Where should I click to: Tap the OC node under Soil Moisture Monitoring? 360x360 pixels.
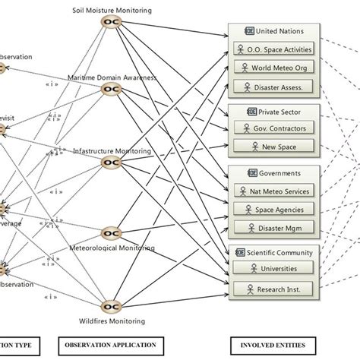111,24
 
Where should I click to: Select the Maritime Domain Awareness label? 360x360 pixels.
111,77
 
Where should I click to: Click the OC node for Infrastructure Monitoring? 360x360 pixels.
111,163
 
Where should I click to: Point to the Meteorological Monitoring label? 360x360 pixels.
112,248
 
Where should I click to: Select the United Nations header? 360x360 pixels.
275,31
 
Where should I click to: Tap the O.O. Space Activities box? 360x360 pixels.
275,49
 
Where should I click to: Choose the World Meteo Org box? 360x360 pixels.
275,68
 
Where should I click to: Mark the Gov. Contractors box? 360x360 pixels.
275,128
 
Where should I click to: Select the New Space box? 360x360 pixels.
275,146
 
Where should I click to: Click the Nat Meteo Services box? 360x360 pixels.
275,191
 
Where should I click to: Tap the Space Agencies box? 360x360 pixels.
275,209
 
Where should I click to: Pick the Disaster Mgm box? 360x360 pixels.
275,227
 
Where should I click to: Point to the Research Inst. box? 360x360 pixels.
275,288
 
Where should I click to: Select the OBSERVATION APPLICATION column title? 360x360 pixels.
112,343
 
